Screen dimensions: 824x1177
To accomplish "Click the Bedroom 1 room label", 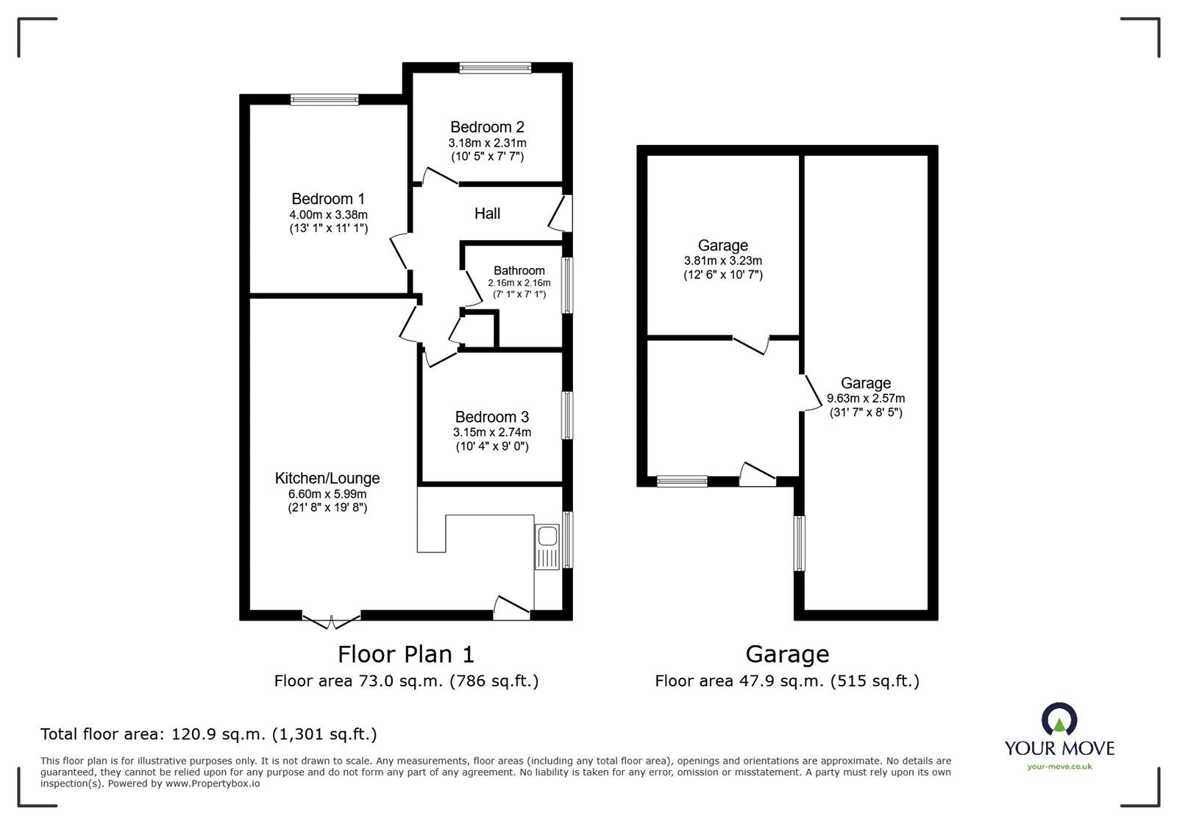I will [328, 199].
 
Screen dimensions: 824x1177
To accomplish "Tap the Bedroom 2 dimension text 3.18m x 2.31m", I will [487, 143].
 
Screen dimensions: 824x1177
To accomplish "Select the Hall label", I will [487, 214].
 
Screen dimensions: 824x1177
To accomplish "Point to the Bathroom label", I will [519, 270].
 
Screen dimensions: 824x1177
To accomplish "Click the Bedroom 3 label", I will [491, 417].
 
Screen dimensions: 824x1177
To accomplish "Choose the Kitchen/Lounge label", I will [327, 478].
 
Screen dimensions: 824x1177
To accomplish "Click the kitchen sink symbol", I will [547, 547].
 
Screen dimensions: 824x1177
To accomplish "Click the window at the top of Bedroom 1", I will [324, 99].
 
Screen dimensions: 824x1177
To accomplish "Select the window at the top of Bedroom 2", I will [495, 68].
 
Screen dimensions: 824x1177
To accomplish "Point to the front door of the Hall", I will [563, 214].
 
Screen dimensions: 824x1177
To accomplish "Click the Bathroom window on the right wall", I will [567, 285].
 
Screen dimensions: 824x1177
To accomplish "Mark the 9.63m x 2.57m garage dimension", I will [866, 398].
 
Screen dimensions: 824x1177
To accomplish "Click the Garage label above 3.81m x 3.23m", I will [722, 245].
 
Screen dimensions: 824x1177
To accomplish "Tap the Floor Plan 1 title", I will [406, 654].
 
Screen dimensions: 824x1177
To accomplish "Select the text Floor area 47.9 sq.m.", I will [739, 681].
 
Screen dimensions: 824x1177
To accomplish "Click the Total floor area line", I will [208, 734].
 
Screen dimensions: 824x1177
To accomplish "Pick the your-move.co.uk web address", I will [1059, 767].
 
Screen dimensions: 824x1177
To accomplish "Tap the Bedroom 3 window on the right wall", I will [567, 415].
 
